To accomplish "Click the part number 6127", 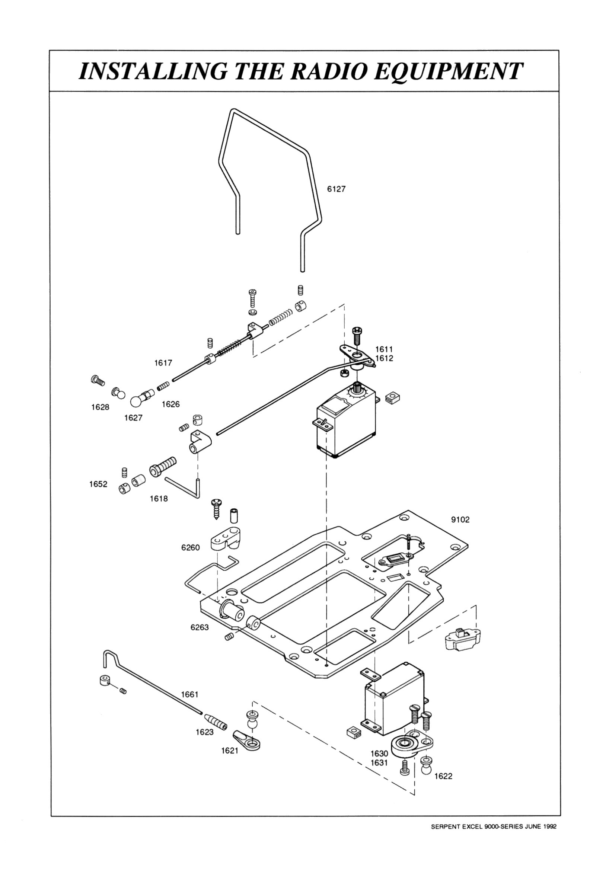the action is point(337,189).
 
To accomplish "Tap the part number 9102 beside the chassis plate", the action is point(460,519).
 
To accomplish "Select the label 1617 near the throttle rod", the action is point(163,363).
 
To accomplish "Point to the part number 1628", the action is point(100,407).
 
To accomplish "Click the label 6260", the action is point(191,547).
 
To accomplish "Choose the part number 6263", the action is point(200,627).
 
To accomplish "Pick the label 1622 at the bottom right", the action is point(443,776).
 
